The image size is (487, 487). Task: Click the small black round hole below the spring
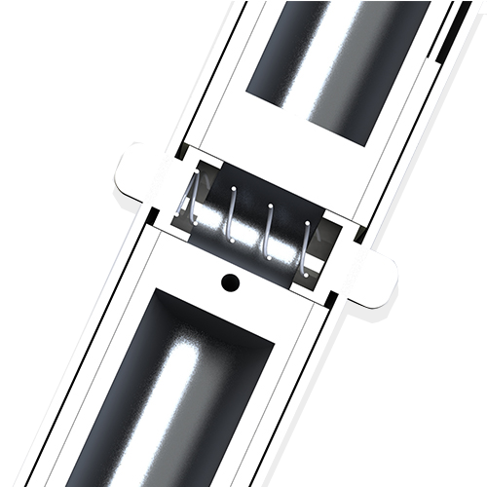231,282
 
